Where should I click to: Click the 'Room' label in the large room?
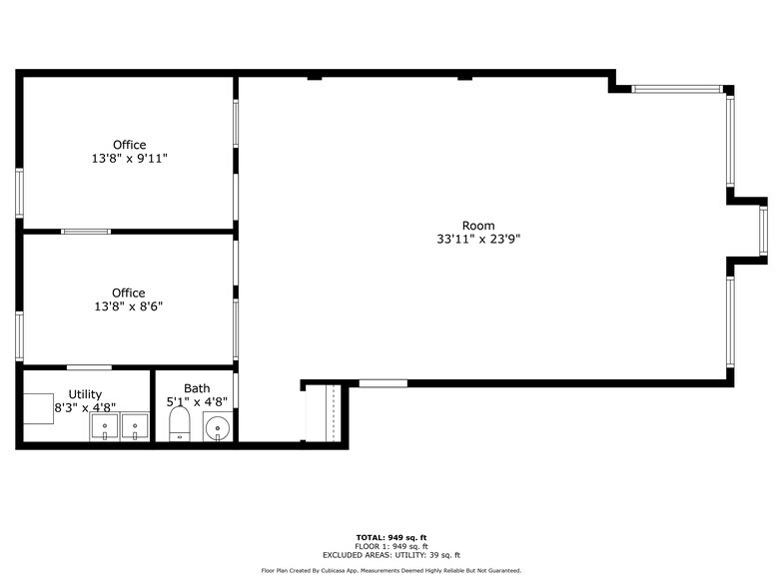coord(477,226)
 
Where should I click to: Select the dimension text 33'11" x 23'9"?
coord(477,240)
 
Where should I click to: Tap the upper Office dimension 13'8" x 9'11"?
coord(129,158)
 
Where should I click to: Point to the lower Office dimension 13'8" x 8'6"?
coord(128,306)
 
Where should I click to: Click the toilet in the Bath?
coord(180,423)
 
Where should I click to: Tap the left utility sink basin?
coord(105,428)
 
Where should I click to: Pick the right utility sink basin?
coord(135,428)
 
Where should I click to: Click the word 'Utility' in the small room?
coord(85,394)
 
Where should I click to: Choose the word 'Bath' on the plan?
coord(197,388)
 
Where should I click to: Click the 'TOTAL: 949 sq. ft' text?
coord(391,537)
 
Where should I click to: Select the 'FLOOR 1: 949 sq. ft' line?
coord(391,546)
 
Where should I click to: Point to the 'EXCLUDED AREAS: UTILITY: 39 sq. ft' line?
coord(391,555)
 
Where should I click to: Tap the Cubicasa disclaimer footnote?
coord(391,570)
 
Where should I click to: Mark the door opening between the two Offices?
coord(86,232)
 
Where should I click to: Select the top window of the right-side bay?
coord(677,89)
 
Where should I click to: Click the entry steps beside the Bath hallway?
coord(324,411)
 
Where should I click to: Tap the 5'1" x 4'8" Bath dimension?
coord(197,402)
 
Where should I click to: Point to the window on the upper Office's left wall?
coord(19,193)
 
